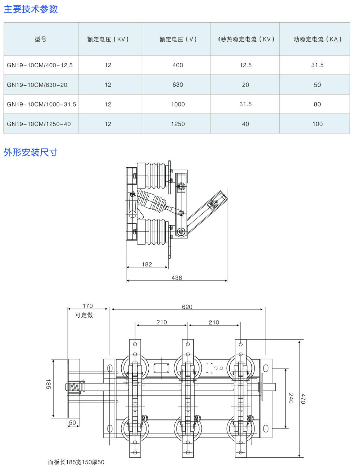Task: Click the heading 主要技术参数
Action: pyautogui.click(x=31, y=9)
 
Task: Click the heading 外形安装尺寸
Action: pyautogui.click(x=31, y=152)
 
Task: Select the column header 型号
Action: pyautogui.click(x=41, y=39)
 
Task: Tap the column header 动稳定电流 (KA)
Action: pyautogui.click(x=317, y=39)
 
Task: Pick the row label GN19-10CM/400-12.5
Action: pyautogui.click(x=40, y=65)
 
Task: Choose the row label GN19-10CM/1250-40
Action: pyautogui.click(x=39, y=124)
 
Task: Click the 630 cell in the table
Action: pyautogui.click(x=178, y=85)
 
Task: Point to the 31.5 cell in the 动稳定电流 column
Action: pyautogui.click(x=317, y=65)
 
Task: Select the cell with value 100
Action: pyautogui.click(x=317, y=124)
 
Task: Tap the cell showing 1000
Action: pyautogui.click(x=178, y=104)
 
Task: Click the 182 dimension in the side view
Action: pyautogui.click(x=147, y=264)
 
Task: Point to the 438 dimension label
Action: pyautogui.click(x=177, y=278)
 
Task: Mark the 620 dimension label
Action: pyautogui.click(x=187, y=307)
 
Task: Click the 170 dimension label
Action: pyautogui.click(x=87, y=306)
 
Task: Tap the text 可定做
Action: pyautogui.click(x=84, y=315)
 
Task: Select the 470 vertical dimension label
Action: pyautogui.click(x=303, y=399)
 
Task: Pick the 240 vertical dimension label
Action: pyautogui.click(x=291, y=398)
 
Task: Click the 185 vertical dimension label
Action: pyautogui.click(x=48, y=384)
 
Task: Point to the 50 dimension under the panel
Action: pyautogui.click(x=72, y=423)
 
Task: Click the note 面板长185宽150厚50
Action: pyautogui.click(x=76, y=462)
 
